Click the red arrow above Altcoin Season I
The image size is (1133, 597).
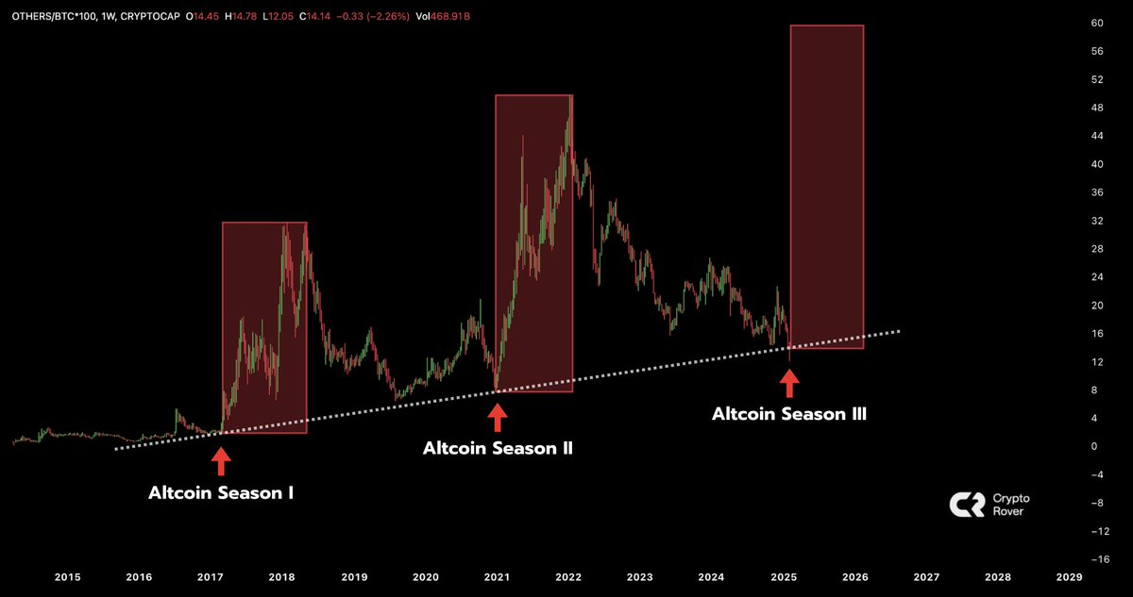pyautogui.click(x=220, y=461)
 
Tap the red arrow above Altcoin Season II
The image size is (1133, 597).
pyautogui.click(x=498, y=416)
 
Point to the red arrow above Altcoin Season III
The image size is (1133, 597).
pyautogui.click(x=788, y=382)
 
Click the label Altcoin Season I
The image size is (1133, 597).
pyautogui.click(x=221, y=492)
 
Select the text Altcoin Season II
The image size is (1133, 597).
pyautogui.click(x=498, y=449)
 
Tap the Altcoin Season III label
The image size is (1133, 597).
pyautogui.click(x=789, y=413)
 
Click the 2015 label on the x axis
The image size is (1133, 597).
pyautogui.click(x=66, y=576)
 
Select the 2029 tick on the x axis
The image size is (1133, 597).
pyautogui.click(x=1069, y=576)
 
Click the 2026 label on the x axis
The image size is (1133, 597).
pyautogui.click(x=854, y=576)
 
